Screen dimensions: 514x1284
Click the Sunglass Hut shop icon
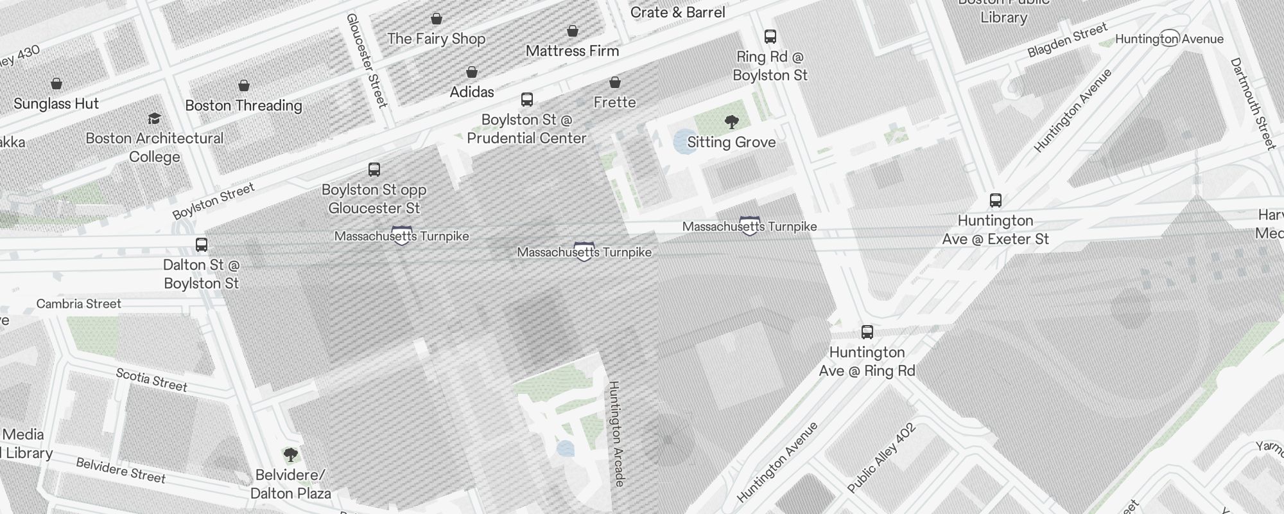pyautogui.click(x=56, y=84)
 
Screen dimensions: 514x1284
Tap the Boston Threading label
pyautogui.click(x=243, y=105)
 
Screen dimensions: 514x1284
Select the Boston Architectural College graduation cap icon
pyautogui.click(x=154, y=118)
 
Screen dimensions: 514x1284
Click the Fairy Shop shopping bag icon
pyautogui.click(x=437, y=19)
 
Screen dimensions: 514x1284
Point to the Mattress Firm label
pyautogui.click(x=572, y=51)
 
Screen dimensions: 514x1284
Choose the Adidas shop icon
pyautogui.click(x=472, y=72)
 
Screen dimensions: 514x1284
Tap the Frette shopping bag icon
pyautogui.click(x=615, y=82)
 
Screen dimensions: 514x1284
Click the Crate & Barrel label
pyautogui.click(x=677, y=12)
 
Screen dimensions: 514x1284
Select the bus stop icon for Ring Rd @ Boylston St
pyautogui.click(x=770, y=37)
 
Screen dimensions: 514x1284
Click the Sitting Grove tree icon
pyautogui.click(x=731, y=122)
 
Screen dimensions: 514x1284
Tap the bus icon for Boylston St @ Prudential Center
pyautogui.click(x=527, y=100)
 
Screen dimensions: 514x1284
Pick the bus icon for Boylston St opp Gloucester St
pyautogui.click(x=374, y=170)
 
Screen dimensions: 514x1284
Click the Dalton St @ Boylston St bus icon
pyautogui.click(x=202, y=245)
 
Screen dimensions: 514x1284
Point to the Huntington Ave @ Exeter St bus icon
pyautogui.click(x=996, y=200)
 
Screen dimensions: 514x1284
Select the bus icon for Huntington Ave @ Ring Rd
pyautogui.click(x=867, y=332)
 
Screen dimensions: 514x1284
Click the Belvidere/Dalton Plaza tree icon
pyautogui.click(x=291, y=456)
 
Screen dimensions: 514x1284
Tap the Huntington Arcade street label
pyautogui.click(x=616, y=433)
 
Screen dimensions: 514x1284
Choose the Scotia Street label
pyautogui.click(x=152, y=380)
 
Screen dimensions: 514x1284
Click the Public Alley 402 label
pyautogui.click(x=881, y=458)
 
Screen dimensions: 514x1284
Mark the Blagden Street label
pyautogui.click(x=1067, y=40)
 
